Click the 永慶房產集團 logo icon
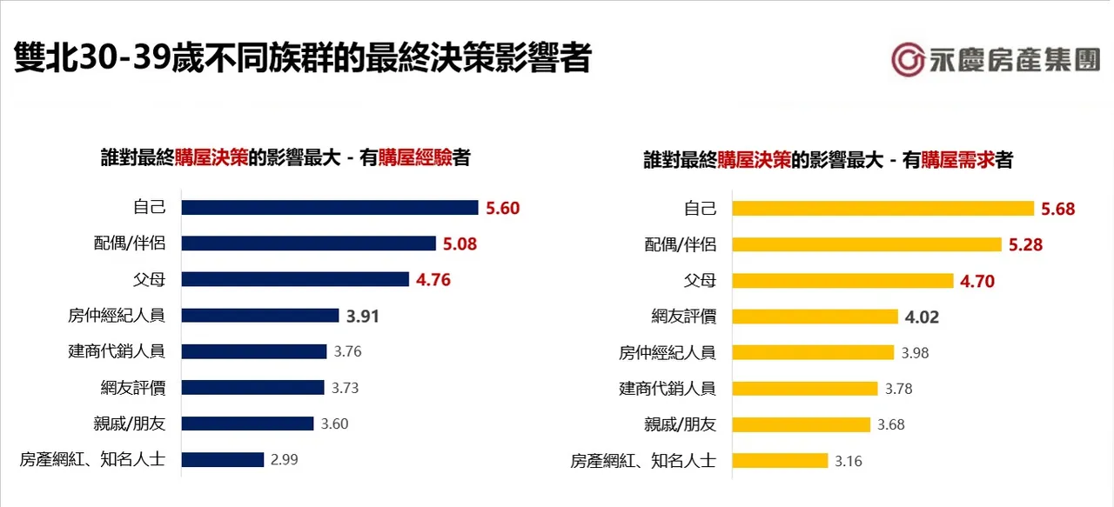click(x=908, y=59)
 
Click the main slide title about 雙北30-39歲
click(x=303, y=58)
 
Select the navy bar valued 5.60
click(x=329, y=207)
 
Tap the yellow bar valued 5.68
click(x=882, y=208)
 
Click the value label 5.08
click(x=460, y=243)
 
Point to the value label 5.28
click(x=1025, y=244)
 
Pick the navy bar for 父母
click(x=294, y=279)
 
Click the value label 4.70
click(x=977, y=281)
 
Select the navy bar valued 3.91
click(x=259, y=316)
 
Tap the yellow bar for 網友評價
click(x=815, y=317)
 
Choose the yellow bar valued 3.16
click(x=780, y=461)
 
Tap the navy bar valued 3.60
click(x=247, y=424)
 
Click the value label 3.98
click(x=920, y=352)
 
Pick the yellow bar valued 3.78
click(x=804, y=389)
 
